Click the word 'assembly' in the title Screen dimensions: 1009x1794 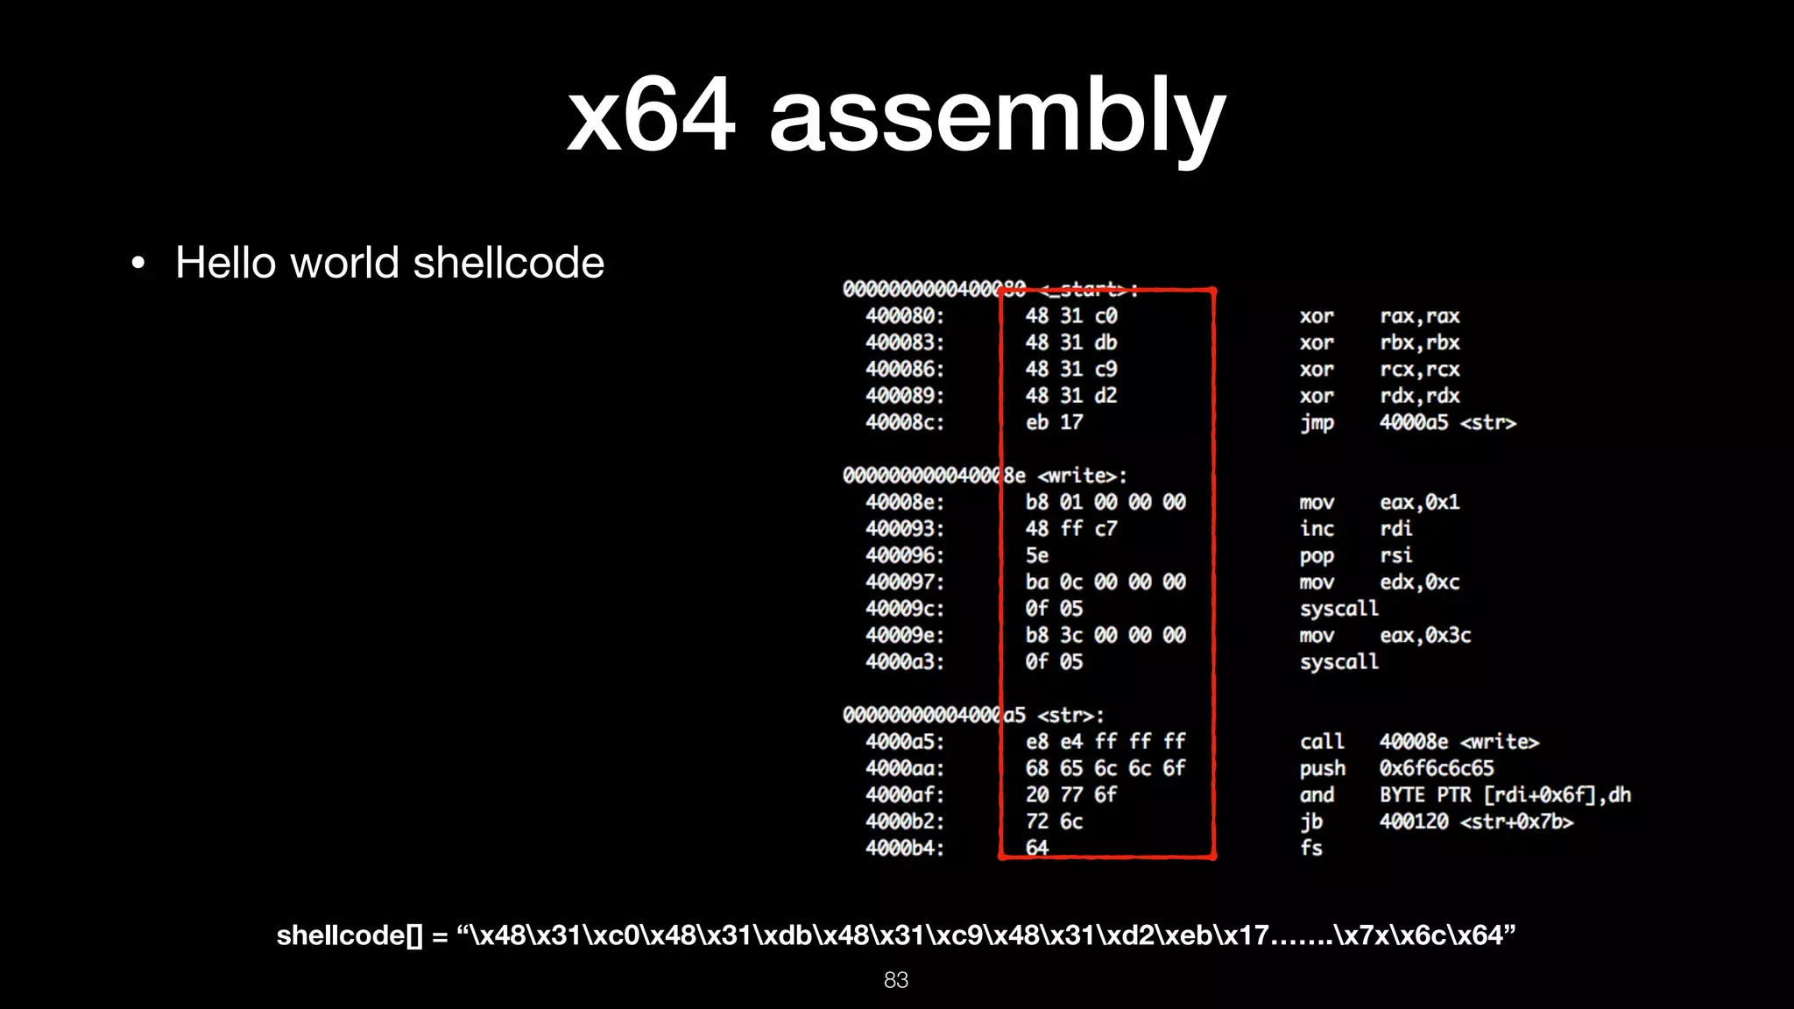click(x=997, y=116)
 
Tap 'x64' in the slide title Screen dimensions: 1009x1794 click(x=650, y=116)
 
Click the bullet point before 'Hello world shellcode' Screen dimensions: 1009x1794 click(x=138, y=263)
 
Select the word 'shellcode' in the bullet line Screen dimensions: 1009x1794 click(x=508, y=263)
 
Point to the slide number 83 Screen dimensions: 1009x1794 click(x=896, y=980)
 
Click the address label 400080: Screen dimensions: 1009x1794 click(x=905, y=316)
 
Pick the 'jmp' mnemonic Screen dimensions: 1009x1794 click(x=1317, y=423)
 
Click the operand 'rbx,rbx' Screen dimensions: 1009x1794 click(x=1419, y=342)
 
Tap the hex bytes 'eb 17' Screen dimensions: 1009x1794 click(x=1054, y=422)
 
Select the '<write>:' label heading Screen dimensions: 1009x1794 click(x=1082, y=476)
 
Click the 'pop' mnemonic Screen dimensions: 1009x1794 click(x=1317, y=556)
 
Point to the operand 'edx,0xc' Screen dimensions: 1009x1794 click(x=1419, y=582)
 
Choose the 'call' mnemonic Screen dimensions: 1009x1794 click(x=1321, y=742)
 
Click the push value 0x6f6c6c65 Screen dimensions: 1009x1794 click(x=1437, y=768)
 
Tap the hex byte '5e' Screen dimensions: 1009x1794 click(x=1037, y=555)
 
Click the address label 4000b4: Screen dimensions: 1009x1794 click(x=905, y=848)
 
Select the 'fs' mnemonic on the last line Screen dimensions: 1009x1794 click(x=1310, y=848)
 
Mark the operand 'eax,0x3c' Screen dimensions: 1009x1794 click(x=1425, y=636)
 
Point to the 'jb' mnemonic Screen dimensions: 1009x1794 click(x=1310, y=822)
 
